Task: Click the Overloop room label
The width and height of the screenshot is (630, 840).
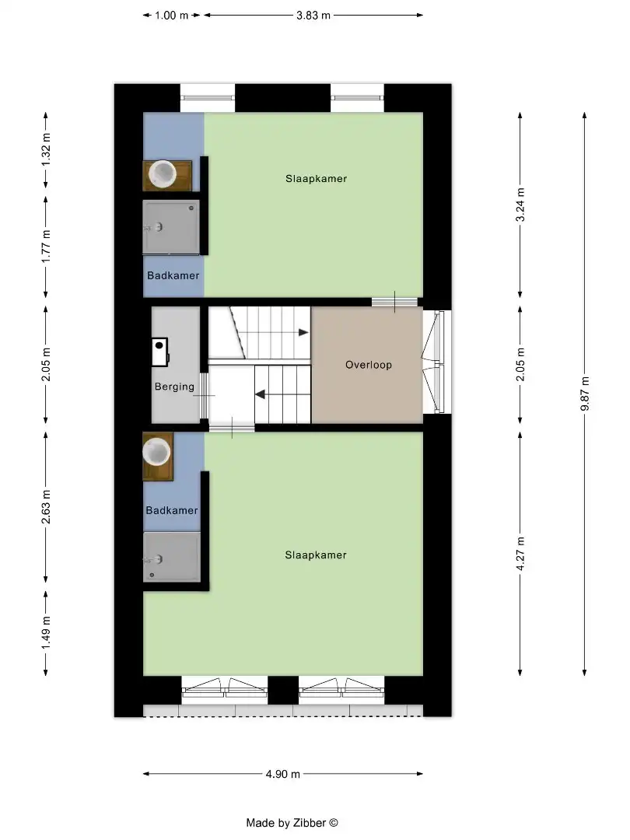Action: pyautogui.click(x=369, y=365)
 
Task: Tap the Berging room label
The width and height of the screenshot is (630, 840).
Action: pyautogui.click(x=174, y=387)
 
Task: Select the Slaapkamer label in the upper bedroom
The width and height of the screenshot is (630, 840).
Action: pyautogui.click(x=316, y=179)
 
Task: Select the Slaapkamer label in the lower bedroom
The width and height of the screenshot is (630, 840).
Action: pyautogui.click(x=315, y=555)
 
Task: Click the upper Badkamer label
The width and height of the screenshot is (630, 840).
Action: pyautogui.click(x=173, y=276)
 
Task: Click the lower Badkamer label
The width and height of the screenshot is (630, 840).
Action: pyautogui.click(x=172, y=511)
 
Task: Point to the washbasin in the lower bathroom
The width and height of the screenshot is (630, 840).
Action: pyautogui.click(x=157, y=452)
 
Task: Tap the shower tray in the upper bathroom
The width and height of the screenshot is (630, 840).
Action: pyautogui.click(x=171, y=226)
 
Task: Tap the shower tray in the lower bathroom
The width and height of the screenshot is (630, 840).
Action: pyautogui.click(x=171, y=557)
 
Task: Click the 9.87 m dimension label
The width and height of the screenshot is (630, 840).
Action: pyautogui.click(x=585, y=396)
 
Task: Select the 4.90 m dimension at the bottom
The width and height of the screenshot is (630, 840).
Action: pyautogui.click(x=282, y=774)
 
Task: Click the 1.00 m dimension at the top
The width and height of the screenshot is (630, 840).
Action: pyautogui.click(x=172, y=15)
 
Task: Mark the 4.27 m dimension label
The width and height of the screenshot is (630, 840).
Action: pyautogui.click(x=520, y=554)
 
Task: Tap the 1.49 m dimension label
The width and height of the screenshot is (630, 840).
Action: pyautogui.click(x=46, y=632)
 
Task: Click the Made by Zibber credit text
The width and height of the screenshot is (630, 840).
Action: pyautogui.click(x=292, y=823)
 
